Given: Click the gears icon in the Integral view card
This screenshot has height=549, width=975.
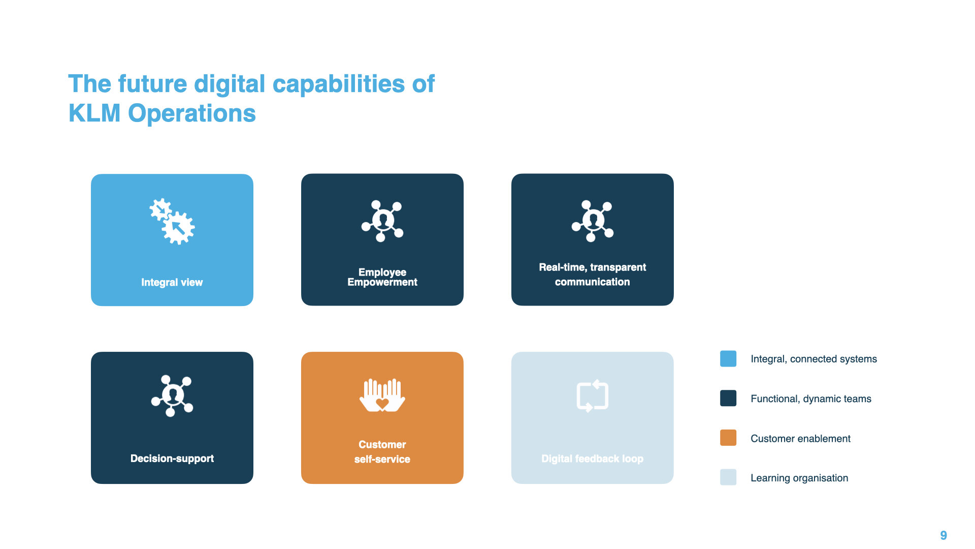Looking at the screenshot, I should pos(172,221).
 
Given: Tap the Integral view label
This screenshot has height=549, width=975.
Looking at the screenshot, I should pos(172,282).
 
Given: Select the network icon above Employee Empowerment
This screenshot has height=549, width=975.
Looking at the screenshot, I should pos(382,221).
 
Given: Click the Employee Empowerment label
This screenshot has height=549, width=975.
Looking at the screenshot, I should pos(382,277).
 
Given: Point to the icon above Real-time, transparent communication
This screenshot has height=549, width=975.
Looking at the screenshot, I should pos(593,221).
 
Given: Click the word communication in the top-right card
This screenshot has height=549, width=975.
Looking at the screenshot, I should pos(592,282).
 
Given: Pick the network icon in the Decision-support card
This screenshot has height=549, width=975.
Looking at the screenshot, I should pos(172,395).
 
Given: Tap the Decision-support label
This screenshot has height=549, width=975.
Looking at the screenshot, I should pos(172,459).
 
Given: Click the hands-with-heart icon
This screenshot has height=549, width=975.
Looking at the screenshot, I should pos(382,395).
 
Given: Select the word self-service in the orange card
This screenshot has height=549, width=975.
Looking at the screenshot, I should pos(382,459).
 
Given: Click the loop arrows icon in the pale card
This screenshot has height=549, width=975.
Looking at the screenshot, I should pos(593,395).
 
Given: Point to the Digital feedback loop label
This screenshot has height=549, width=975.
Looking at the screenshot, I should pos(592,459).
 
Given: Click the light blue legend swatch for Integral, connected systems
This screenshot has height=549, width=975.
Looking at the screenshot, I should pos(728,359).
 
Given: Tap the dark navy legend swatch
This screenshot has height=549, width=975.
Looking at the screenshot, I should pos(728,399).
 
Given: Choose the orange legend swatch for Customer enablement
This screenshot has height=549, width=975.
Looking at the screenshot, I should pos(728,438).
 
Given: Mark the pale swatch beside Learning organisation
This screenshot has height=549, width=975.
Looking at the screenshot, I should pos(728,477).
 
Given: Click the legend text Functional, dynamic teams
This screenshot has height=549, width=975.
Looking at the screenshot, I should pos(811,399).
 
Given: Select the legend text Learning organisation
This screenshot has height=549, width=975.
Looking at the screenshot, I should pos(799,478).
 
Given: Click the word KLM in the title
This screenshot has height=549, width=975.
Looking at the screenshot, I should pos(94,113).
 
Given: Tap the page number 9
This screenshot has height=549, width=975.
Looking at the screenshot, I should pos(944,535).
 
